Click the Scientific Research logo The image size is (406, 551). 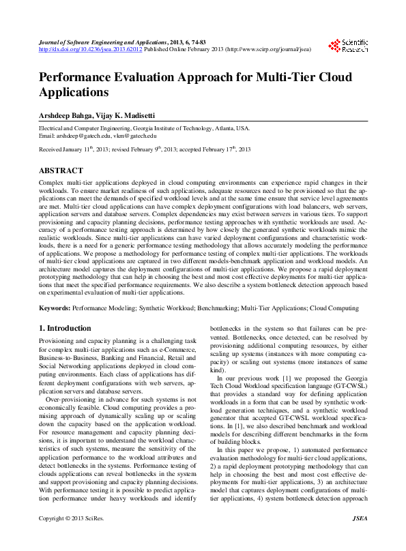349,46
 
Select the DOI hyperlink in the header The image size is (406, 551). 90,49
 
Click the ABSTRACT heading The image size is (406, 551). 61,170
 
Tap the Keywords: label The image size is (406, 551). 55,308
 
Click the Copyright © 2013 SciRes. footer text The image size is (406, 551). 72,538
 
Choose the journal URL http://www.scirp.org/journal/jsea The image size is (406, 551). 267,49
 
